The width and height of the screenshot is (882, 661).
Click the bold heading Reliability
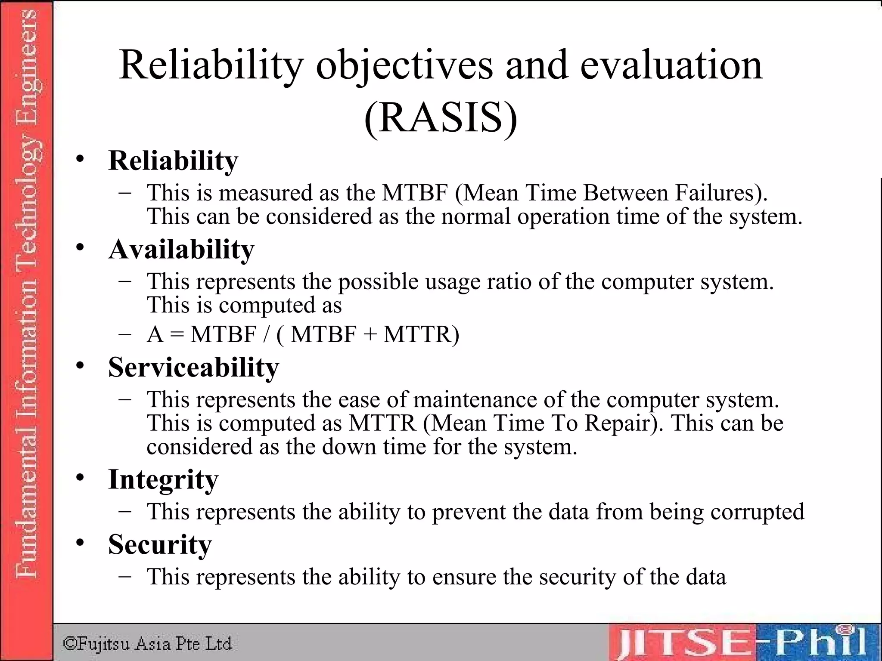[173, 161]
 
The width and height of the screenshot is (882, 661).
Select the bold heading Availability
[181, 250]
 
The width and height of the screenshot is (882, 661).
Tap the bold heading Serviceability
[193, 368]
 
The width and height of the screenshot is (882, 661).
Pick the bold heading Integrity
[163, 479]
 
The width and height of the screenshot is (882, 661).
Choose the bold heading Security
[160, 544]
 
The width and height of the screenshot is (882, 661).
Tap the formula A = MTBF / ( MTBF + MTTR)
[303, 334]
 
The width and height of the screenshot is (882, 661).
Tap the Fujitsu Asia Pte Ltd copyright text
[148, 643]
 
